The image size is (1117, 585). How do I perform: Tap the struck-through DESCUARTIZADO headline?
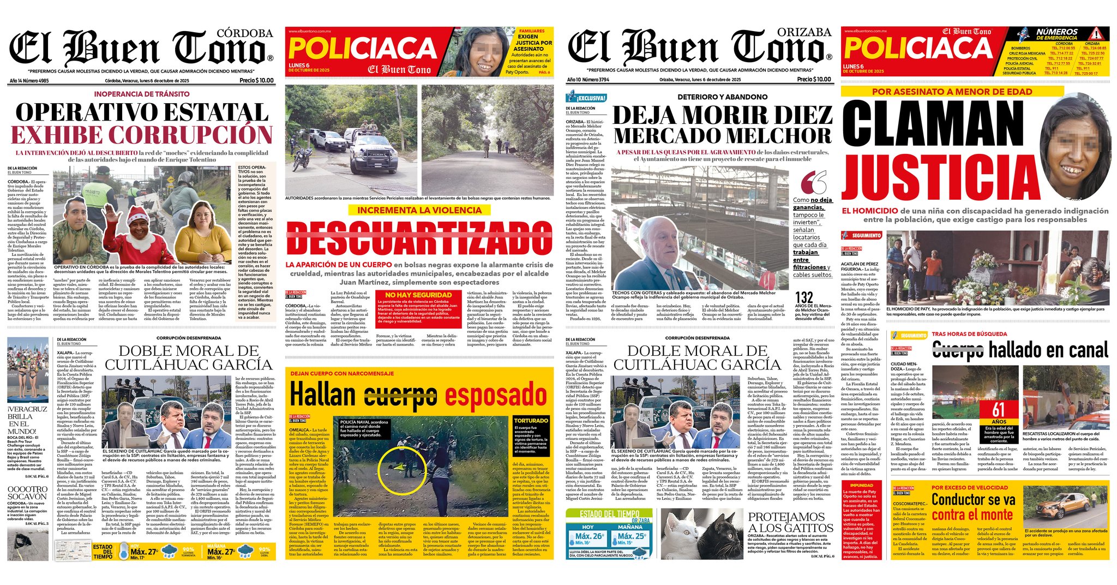[419, 239]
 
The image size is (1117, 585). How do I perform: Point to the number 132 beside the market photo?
[804, 298]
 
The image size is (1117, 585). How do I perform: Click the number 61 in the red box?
[998, 409]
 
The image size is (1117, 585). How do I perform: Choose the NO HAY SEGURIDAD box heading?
[418, 295]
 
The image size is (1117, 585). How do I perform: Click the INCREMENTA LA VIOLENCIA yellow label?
[419, 210]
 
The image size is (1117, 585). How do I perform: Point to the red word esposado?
[496, 393]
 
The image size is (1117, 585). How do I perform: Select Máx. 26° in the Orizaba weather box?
[590, 536]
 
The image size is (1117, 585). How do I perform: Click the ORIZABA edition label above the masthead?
[804, 32]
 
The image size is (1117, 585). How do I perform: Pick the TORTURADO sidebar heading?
[531, 421]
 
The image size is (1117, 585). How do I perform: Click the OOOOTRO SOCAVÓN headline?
[28, 493]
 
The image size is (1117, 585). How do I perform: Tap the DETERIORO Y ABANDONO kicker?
[722, 97]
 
